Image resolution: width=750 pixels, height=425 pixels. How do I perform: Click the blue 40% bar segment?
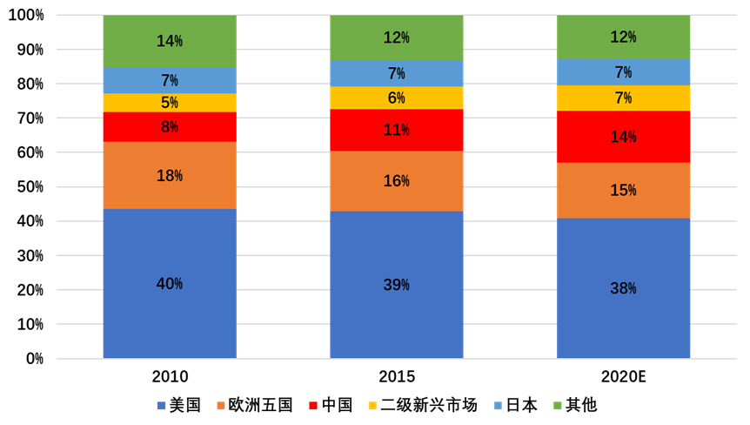pyautogui.click(x=169, y=283)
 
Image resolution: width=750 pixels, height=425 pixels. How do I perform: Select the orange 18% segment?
pyautogui.click(x=169, y=175)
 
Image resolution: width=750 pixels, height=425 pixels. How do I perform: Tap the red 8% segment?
pyautogui.click(x=169, y=127)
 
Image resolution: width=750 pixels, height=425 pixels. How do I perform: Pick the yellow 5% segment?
pyautogui.click(x=169, y=103)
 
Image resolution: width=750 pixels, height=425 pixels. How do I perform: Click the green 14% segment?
pyautogui.click(x=169, y=41)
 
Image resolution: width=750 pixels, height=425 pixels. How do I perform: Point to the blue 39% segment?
pyautogui.click(x=396, y=285)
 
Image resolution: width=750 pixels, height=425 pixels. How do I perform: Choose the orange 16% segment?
pyautogui.click(x=396, y=181)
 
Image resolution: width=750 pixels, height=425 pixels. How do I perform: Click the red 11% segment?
pyautogui.click(x=396, y=130)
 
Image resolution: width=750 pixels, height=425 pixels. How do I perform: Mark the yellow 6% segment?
pyautogui.click(x=396, y=98)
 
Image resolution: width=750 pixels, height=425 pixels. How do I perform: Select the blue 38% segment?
pyautogui.click(x=623, y=288)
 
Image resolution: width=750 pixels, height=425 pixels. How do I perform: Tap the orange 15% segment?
pyautogui.click(x=623, y=190)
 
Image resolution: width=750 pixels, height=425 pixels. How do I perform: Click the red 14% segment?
pyautogui.click(x=623, y=137)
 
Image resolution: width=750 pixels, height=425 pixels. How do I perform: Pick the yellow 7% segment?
pyautogui.click(x=623, y=98)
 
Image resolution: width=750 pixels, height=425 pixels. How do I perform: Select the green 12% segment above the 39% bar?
pyautogui.click(x=396, y=37)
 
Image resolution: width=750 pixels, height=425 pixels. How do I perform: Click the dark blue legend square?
pyautogui.click(x=161, y=406)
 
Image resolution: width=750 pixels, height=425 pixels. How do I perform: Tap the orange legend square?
pyautogui.click(x=221, y=406)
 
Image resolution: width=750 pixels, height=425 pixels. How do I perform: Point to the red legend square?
pyautogui.click(x=313, y=406)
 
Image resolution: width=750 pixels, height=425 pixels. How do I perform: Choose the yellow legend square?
pyautogui.click(x=373, y=406)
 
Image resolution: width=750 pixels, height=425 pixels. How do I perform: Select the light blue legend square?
pyautogui.click(x=498, y=406)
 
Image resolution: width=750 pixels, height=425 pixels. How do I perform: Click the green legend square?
pyautogui.click(x=558, y=406)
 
